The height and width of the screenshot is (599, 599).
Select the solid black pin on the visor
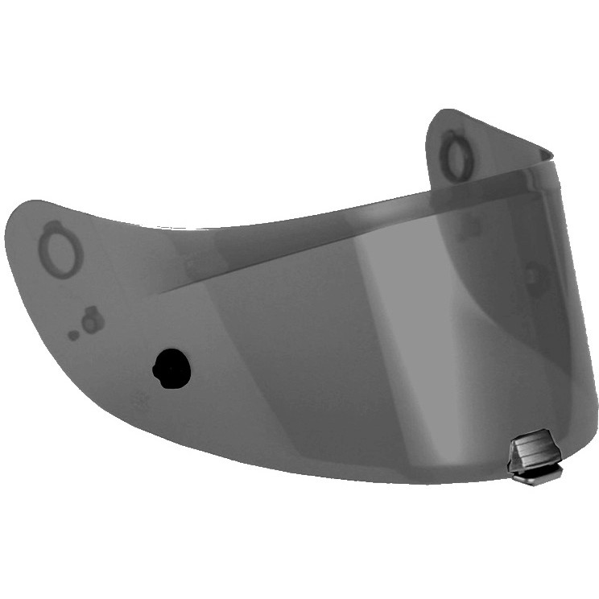click(172, 369)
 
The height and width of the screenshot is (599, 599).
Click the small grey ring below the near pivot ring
click(92, 322)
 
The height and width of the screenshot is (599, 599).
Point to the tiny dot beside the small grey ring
click(73, 335)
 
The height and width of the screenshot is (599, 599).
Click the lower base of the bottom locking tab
click(536, 476)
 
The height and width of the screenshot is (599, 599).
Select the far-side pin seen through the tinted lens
click(533, 278)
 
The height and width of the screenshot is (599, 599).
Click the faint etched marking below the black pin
click(138, 398)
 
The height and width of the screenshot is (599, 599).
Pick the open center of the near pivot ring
click(63, 251)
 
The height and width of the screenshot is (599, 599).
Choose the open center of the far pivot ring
click(456, 158)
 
